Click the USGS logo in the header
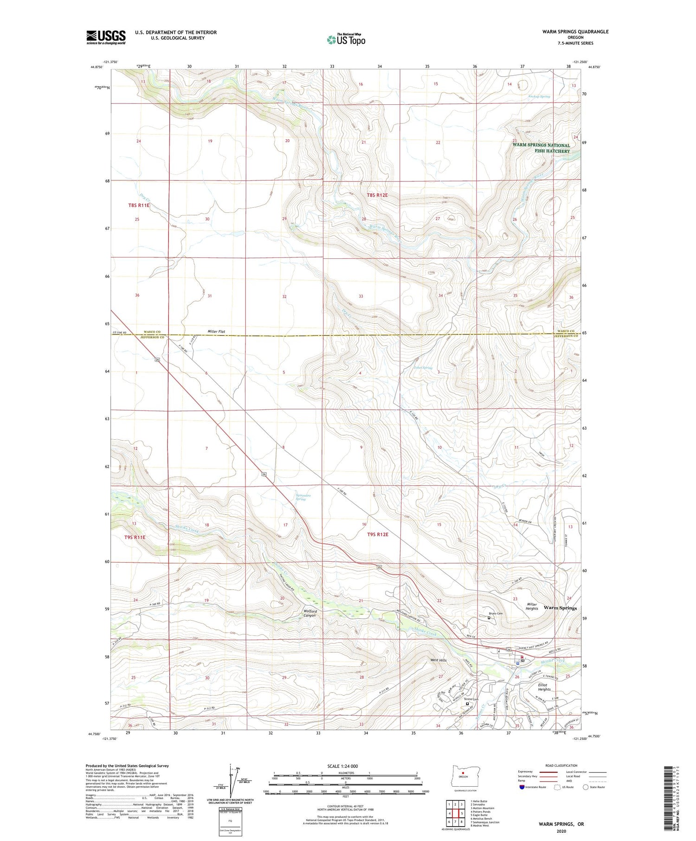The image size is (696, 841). tap(106, 37)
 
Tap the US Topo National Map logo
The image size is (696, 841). tap(346, 39)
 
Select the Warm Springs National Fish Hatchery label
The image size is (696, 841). tap(541, 148)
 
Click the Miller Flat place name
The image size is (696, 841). tap(216, 332)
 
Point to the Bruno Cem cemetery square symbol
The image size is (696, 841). tap(489, 618)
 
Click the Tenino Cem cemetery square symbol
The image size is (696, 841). tap(467, 704)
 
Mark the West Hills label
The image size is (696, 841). tap(439, 660)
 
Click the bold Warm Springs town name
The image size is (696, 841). tap(560, 608)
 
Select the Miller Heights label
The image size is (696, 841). tap(532, 606)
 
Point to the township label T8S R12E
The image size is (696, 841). tap(377, 195)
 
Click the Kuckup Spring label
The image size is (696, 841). tap(539, 96)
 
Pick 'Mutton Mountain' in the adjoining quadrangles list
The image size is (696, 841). tap(483, 808)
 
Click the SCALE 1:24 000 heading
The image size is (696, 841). tap(342, 766)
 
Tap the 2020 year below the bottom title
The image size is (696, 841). tap(561, 831)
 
